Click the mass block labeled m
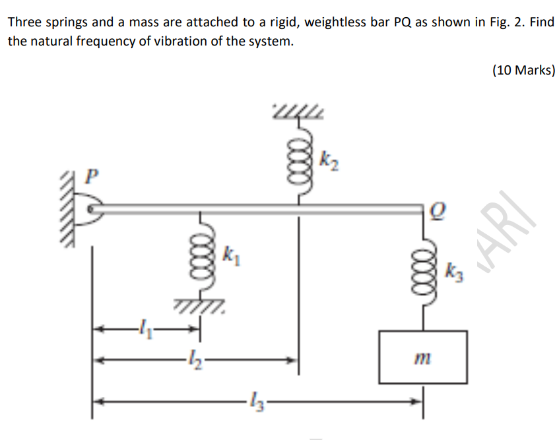(x=422, y=357)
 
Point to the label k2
(x=330, y=159)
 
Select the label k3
(x=455, y=271)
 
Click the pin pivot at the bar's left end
(x=92, y=209)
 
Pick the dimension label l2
(x=192, y=360)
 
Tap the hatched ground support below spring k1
(x=202, y=305)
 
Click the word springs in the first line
(x=67, y=22)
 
